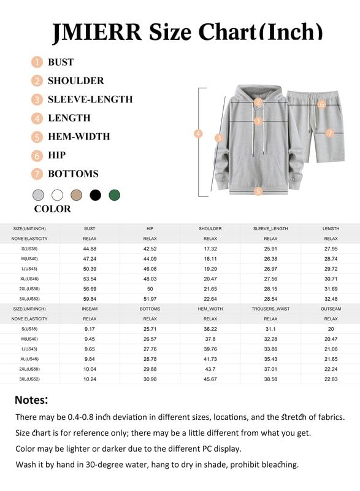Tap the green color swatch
[x=114, y=195]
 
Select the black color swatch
[x=95, y=195]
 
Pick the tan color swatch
[x=76, y=195]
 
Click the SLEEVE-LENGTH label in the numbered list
[x=90, y=99]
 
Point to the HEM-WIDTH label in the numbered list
[x=79, y=136]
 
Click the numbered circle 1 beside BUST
[x=38, y=62]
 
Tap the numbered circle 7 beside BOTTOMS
[x=38, y=174]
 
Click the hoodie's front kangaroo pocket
[x=258, y=165]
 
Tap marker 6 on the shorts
[x=321, y=104]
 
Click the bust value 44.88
[x=90, y=249]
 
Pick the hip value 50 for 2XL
[x=150, y=288]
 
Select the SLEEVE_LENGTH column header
[x=270, y=229]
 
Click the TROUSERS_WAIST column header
[x=270, y=309]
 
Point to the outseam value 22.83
[x=331, y=379]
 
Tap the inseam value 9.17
[x=90, y=329]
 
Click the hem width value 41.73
[x=210, y=358]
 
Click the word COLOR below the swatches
[x=52, y=209]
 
